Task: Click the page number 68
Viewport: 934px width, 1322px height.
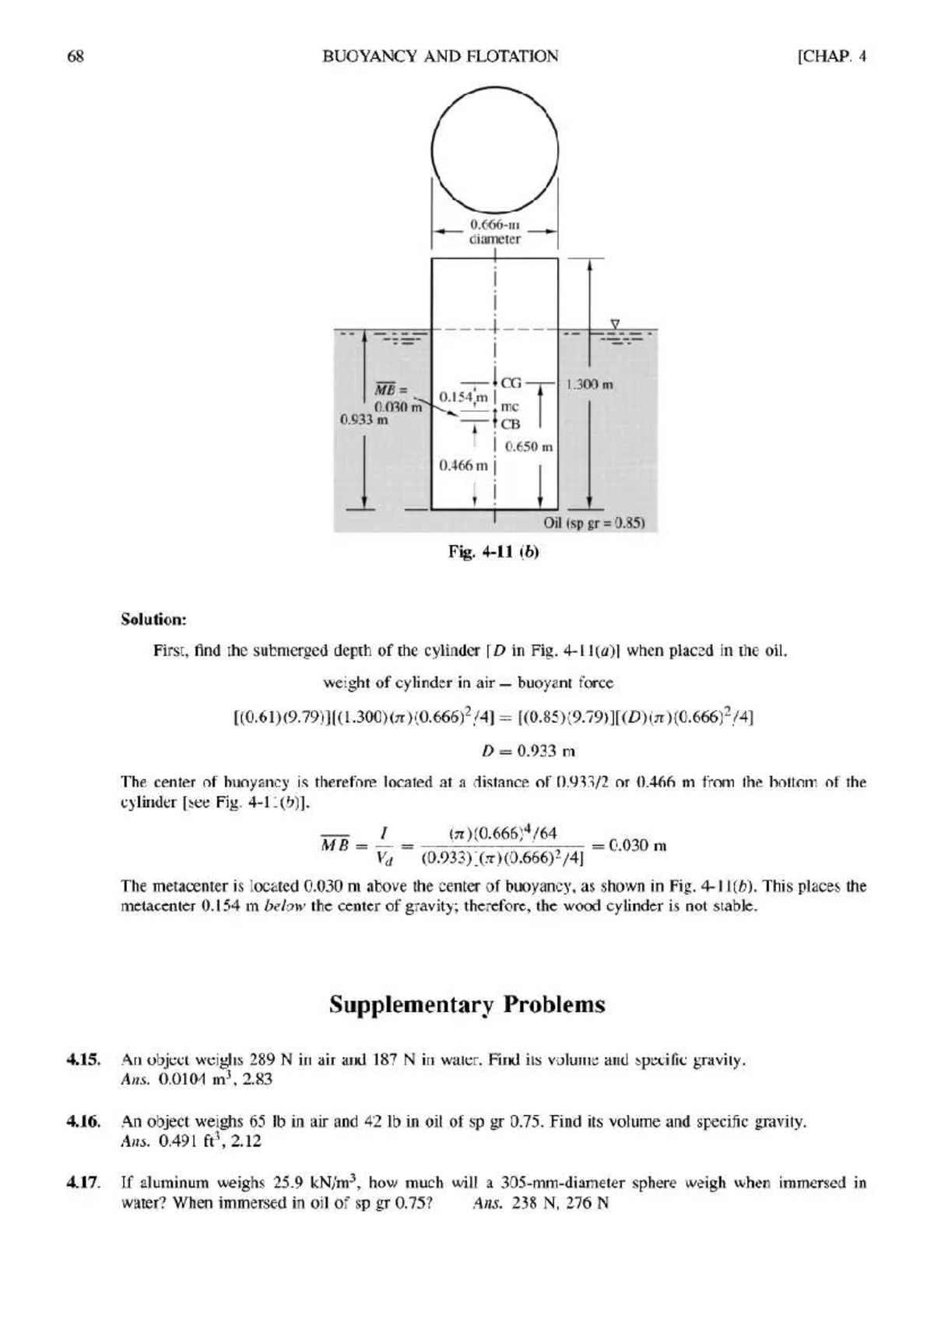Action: (x=75, y=56)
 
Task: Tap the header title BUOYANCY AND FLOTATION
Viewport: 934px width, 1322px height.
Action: (x=440, y=56)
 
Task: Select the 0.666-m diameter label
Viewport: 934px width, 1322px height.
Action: (x=494, y=233)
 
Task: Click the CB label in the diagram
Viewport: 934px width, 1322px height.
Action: (x=510, y=424)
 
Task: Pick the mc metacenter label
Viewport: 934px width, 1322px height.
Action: (x=509, y=406)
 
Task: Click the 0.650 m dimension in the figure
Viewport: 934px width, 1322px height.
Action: (x=528, y=447)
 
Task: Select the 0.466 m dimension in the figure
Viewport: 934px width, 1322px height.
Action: (x=463, y=466)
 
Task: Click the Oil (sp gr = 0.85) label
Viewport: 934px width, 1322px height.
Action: (x=595, y=522)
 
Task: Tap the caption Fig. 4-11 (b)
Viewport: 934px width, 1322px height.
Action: (x=493, y=552)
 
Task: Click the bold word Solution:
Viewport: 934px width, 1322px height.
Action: (x=154, y=620)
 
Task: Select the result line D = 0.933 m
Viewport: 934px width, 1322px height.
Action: (x=524, y=751)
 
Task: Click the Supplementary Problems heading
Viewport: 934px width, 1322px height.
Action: (x=467, y=1004)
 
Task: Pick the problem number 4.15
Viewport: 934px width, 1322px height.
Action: (x=83, y=1060)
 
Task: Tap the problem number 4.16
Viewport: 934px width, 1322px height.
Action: (x=83, y=1122)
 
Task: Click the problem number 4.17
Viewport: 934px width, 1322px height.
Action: (x=83, y=1183)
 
